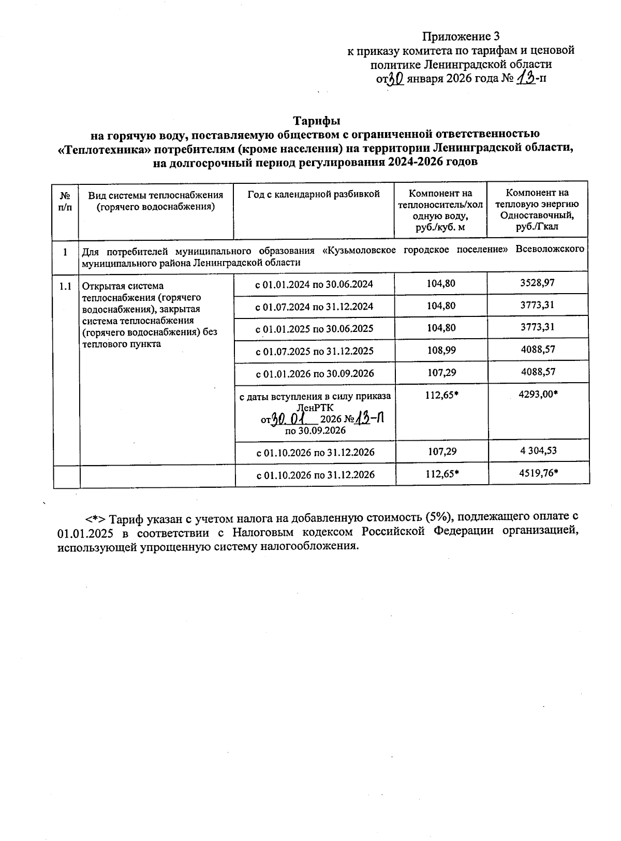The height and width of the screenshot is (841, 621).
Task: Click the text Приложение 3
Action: (461, 36)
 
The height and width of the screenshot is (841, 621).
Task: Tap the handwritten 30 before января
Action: (396, 79)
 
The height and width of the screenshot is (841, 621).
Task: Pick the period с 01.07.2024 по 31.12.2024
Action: (314, 306)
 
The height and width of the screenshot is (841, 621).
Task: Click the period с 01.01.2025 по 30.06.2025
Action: (314, 329)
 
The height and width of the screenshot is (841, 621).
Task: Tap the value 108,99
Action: (441, 350)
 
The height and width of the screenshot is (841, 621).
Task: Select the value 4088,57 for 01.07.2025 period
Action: (538, 350)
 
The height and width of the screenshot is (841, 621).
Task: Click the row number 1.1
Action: (65, 286)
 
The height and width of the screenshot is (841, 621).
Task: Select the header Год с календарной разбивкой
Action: (314, 194)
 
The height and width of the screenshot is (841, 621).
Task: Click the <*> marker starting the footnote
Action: (96, 518)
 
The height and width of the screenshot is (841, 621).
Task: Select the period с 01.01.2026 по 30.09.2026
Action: (314, 373)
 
